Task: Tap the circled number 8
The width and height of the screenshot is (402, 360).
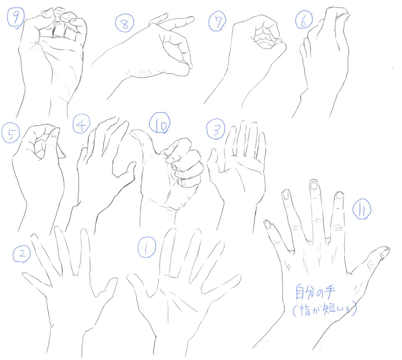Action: pyautogui.click(x=125, y=23)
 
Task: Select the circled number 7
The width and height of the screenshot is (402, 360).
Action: pyautogui.click(x=217, y=21)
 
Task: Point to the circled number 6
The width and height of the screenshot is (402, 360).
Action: pyautogui.click(x=304, y=19)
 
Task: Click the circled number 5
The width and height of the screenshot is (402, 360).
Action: pyautogui.click(x=10, y=132)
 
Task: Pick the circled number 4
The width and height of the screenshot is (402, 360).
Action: pyautogui.click(x=81, y=124)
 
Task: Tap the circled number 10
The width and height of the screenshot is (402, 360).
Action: pyautogui.click(x=159, y=123)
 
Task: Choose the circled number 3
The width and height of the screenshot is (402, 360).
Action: pyautogui.click(x=216, y=129)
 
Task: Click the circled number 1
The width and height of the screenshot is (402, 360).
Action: pyautogui.click(x=147, y=247)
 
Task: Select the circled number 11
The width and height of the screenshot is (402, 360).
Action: pyautogui.click(x=362, y=209)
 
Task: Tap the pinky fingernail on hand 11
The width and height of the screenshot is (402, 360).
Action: pyautogui.click(x=268, y=225)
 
